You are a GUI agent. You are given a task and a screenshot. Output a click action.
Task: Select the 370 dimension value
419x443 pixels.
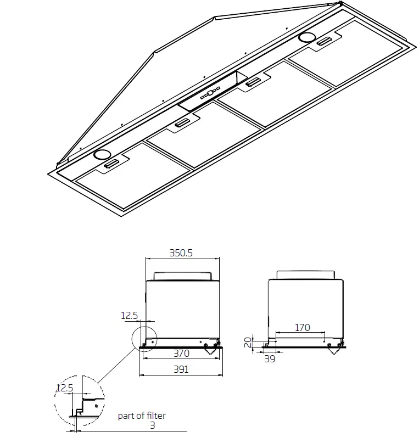[x=181, y=354]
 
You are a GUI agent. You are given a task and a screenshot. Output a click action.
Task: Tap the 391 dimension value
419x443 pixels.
[x=181, y=369]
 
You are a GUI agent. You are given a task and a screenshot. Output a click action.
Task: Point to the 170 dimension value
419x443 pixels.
[x=302, y=328]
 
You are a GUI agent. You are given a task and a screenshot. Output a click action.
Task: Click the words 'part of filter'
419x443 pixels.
[x=142, y=416]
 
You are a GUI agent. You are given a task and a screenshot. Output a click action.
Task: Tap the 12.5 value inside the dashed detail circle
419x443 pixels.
[x=64, y=388]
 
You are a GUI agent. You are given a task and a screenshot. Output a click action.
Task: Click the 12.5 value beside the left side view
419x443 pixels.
[x=129, y=315]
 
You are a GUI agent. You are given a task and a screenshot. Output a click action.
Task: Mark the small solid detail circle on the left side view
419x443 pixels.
[x=143, y=338]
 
